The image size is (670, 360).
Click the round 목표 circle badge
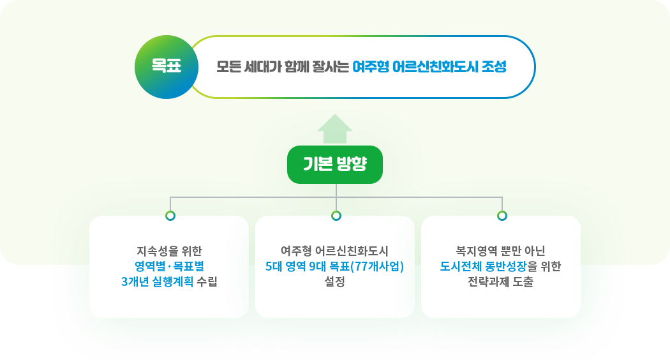point(166,67)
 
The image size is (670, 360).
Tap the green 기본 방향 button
point(335,165)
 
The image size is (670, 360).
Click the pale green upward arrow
point(335,129)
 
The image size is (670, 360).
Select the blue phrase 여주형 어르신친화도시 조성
point(429,66)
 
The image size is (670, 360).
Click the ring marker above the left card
point(170,216)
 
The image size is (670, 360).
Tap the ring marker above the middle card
point(336,216)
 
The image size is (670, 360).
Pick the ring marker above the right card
point(502,216)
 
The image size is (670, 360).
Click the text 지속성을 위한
point(169,251)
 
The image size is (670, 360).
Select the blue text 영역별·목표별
point(169,266)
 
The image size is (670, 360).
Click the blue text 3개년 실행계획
point(157,281)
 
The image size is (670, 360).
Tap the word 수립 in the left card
point(207,281)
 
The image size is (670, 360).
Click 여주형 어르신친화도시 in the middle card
point(334,251)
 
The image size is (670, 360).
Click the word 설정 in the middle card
point(334,281)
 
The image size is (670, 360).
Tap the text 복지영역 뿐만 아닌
point(500,251)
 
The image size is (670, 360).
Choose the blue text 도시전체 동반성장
point(483,266)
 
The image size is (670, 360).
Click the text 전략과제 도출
point(500,281)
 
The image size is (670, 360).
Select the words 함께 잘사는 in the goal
point(316,66)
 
